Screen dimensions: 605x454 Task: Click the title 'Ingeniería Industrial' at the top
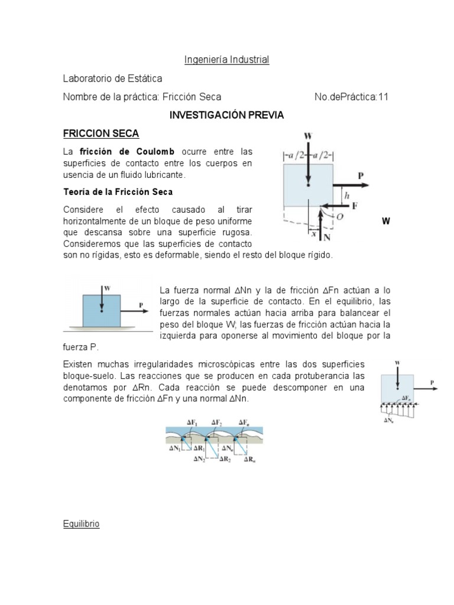(x=226, y=60)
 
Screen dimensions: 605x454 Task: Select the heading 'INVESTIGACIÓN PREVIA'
(x=226, y=115)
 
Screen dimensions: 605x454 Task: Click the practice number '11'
(x=383, y=97)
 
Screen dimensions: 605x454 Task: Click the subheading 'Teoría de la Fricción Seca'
(x=118, y=192)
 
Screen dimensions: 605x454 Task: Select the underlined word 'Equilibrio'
(x=82, y=524)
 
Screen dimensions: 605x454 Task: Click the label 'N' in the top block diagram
(x=327, y=237)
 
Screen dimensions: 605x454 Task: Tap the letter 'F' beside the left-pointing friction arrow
(x=355, y=206)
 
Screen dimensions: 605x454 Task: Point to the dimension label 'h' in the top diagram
(x=348, y=194)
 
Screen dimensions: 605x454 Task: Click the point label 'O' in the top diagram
(x=339, y=217)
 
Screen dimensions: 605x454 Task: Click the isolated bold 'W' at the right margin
(x=386, y=222)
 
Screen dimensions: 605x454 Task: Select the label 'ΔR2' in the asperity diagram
(x=225, y=459)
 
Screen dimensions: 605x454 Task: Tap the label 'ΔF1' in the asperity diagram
(x=192, y=422)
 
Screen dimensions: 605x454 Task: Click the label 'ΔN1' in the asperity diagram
(x=174, y=448)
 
